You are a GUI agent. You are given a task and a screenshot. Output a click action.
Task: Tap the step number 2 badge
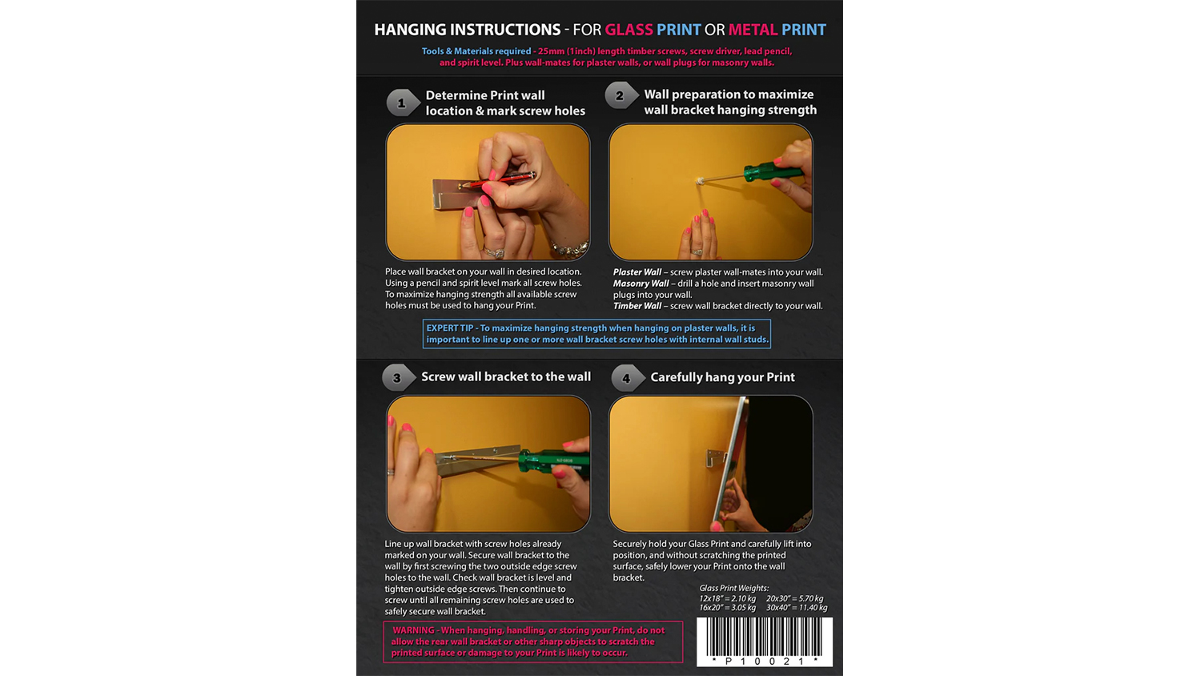point(621,95)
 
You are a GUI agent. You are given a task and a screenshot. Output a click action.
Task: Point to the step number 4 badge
point(627,378)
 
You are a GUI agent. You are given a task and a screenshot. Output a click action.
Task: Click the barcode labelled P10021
point(765,642)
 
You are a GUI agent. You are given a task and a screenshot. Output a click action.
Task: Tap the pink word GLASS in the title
point(629,30)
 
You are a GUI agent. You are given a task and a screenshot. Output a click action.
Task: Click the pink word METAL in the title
point(753,30)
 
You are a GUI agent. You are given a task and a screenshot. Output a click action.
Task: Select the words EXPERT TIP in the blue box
point(449,328)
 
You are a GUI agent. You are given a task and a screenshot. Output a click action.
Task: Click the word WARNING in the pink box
point(413,630)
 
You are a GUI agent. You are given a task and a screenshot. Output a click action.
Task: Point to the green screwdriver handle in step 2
point(773,171)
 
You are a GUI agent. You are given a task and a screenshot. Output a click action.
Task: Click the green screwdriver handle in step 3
point(552,462)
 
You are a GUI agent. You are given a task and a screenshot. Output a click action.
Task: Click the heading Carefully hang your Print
point(722,377)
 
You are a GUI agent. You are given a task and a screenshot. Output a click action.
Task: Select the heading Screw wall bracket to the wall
point(505,376)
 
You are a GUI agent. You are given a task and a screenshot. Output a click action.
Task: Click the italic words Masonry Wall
point(641,284)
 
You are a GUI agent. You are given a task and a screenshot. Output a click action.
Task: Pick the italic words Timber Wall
point(637,306)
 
